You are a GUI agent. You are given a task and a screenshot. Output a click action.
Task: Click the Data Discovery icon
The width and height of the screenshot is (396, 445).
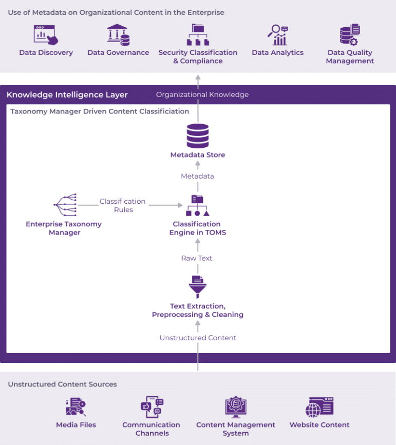click(46, 34)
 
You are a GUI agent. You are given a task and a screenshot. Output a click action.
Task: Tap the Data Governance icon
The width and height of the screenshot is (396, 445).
click(118, 34)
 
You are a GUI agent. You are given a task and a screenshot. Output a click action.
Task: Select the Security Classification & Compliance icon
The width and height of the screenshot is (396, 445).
click(198, 34)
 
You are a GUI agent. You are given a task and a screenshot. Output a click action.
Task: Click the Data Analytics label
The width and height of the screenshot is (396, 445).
click(277, 52)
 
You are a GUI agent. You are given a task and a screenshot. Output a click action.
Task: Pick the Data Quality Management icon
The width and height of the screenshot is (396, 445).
click(350, 34)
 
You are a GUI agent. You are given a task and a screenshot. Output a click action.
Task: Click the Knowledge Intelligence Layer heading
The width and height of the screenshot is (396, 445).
click(67, 94)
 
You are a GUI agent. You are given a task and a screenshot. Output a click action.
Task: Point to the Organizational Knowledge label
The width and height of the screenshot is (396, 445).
click(202, 94)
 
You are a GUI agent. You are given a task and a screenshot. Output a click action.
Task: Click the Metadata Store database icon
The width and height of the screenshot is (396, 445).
click(198, 136)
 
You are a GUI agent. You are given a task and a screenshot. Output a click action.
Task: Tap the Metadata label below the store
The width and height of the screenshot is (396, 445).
click(197, 176)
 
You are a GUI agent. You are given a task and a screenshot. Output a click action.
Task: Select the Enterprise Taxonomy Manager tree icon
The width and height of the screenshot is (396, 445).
click(65, 205)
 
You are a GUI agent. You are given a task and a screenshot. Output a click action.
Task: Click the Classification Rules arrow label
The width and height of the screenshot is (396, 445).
click(123, 205)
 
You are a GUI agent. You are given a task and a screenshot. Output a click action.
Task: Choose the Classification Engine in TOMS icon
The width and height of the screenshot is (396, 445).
click(197, 206)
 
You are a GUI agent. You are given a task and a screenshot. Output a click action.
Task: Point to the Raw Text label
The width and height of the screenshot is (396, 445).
click(197, 258)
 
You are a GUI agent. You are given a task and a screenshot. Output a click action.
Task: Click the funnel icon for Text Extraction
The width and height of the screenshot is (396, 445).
click(197, 287)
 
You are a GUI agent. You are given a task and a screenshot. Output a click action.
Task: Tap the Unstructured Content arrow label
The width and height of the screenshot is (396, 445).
click(198, 338)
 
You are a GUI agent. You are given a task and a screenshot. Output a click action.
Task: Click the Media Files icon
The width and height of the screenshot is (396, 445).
click(76, 407)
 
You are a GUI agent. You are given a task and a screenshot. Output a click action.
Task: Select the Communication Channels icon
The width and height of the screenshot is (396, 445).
click(152, 407)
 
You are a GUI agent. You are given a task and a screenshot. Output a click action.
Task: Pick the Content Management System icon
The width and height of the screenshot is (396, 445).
click(236, 407)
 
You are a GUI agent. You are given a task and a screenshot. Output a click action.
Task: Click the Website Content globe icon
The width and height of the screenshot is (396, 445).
click(319, 407)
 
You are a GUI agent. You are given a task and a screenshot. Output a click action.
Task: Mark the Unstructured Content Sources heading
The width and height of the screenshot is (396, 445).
click(62, 384)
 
